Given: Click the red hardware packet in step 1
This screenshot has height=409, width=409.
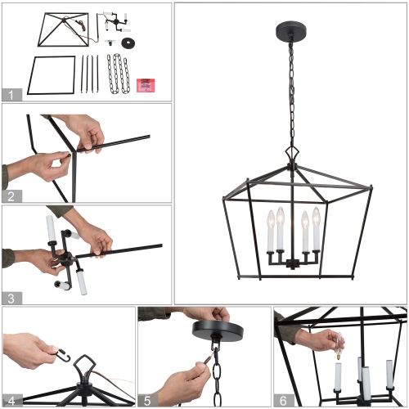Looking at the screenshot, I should tap(147, 83).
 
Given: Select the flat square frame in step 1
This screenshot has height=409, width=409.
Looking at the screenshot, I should tap(52, 75).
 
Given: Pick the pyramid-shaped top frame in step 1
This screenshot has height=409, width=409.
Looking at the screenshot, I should tap(62, 28).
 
